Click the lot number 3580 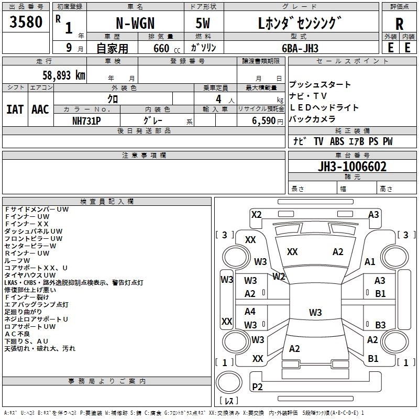[x=26, y=22]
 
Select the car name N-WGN [x=135, y=24]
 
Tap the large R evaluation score [x=399, y=24]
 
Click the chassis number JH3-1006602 [x=352, y=167]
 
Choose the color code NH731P [x=86, y=120]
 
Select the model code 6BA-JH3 [x=299, y=48]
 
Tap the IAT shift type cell [x=15, y=109]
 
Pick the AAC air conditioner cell [x=40, y=109]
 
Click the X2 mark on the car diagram [x=256, y=214]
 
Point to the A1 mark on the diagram [x=370, y=262]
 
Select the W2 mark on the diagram [x=279, y=276]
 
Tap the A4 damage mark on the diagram [x=250, y=312]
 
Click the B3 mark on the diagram [x=380, y=325]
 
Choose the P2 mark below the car [x=257, y=387]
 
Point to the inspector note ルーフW [x=18, y=260]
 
